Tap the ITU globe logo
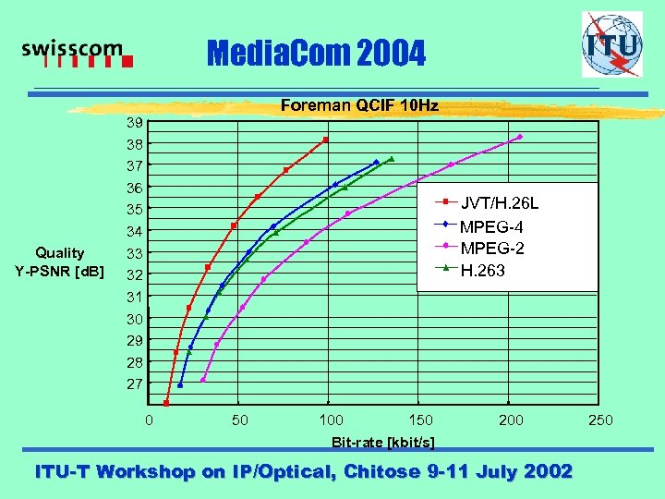(611, 44)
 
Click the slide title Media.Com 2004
(317, 55)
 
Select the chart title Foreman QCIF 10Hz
(358, 105)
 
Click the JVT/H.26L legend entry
(499, 203)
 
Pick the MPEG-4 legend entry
(492, 226)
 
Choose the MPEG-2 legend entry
(492, 249)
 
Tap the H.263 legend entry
(482, 271)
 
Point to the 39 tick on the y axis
(135, 123)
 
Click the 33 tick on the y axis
(135, 253)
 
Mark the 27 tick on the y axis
(135, 383)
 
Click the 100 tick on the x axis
(331, 420)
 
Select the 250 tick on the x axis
(600, 420)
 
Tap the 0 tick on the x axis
(150, 420)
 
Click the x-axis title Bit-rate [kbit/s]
(383, 442)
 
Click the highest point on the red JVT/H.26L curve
(326, 140)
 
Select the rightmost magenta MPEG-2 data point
(520, 137)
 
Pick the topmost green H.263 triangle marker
(392, 159)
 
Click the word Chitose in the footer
(381, 471)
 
